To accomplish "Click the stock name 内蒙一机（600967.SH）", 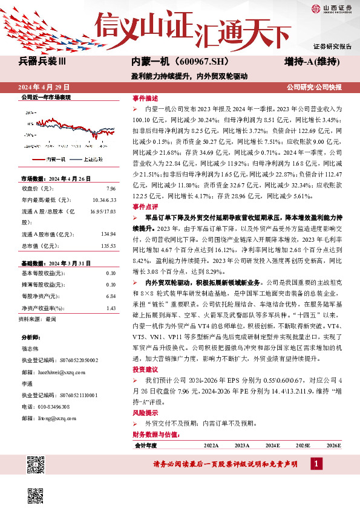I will point(171,62).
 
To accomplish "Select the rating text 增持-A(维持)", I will point(313,62).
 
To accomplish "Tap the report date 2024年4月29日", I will point(47,87).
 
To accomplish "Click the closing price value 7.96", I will point(111,188).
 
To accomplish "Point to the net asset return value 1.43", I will point(111,308).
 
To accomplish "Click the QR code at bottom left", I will point(36,465).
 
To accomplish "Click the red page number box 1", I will point(315,464).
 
